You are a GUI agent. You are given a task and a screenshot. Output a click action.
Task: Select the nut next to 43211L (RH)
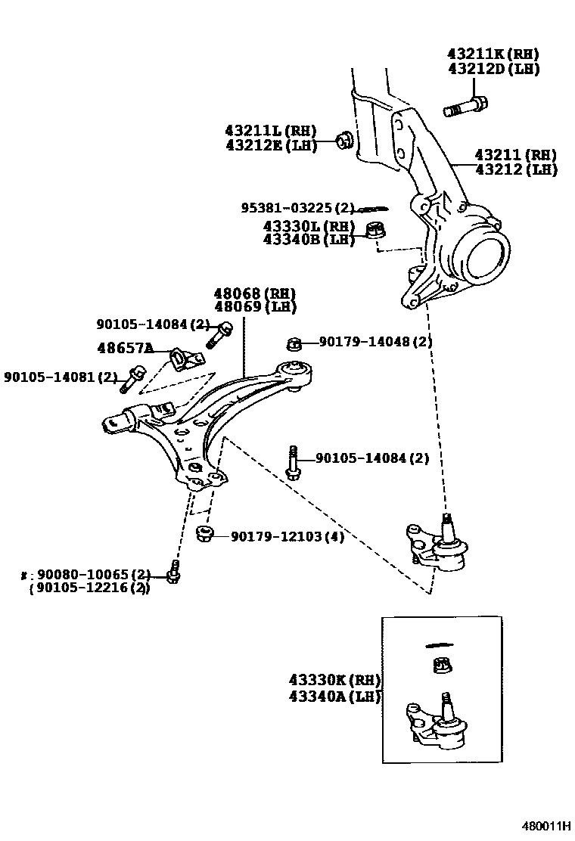344,140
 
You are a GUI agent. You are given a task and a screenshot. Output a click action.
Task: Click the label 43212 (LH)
516,170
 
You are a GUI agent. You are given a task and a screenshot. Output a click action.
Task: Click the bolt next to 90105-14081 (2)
133,377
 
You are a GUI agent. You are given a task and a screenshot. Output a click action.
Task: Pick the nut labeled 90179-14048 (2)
295,344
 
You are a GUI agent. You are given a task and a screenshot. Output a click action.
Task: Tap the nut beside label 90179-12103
203,535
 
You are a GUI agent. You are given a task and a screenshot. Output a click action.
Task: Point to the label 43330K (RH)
334,680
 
